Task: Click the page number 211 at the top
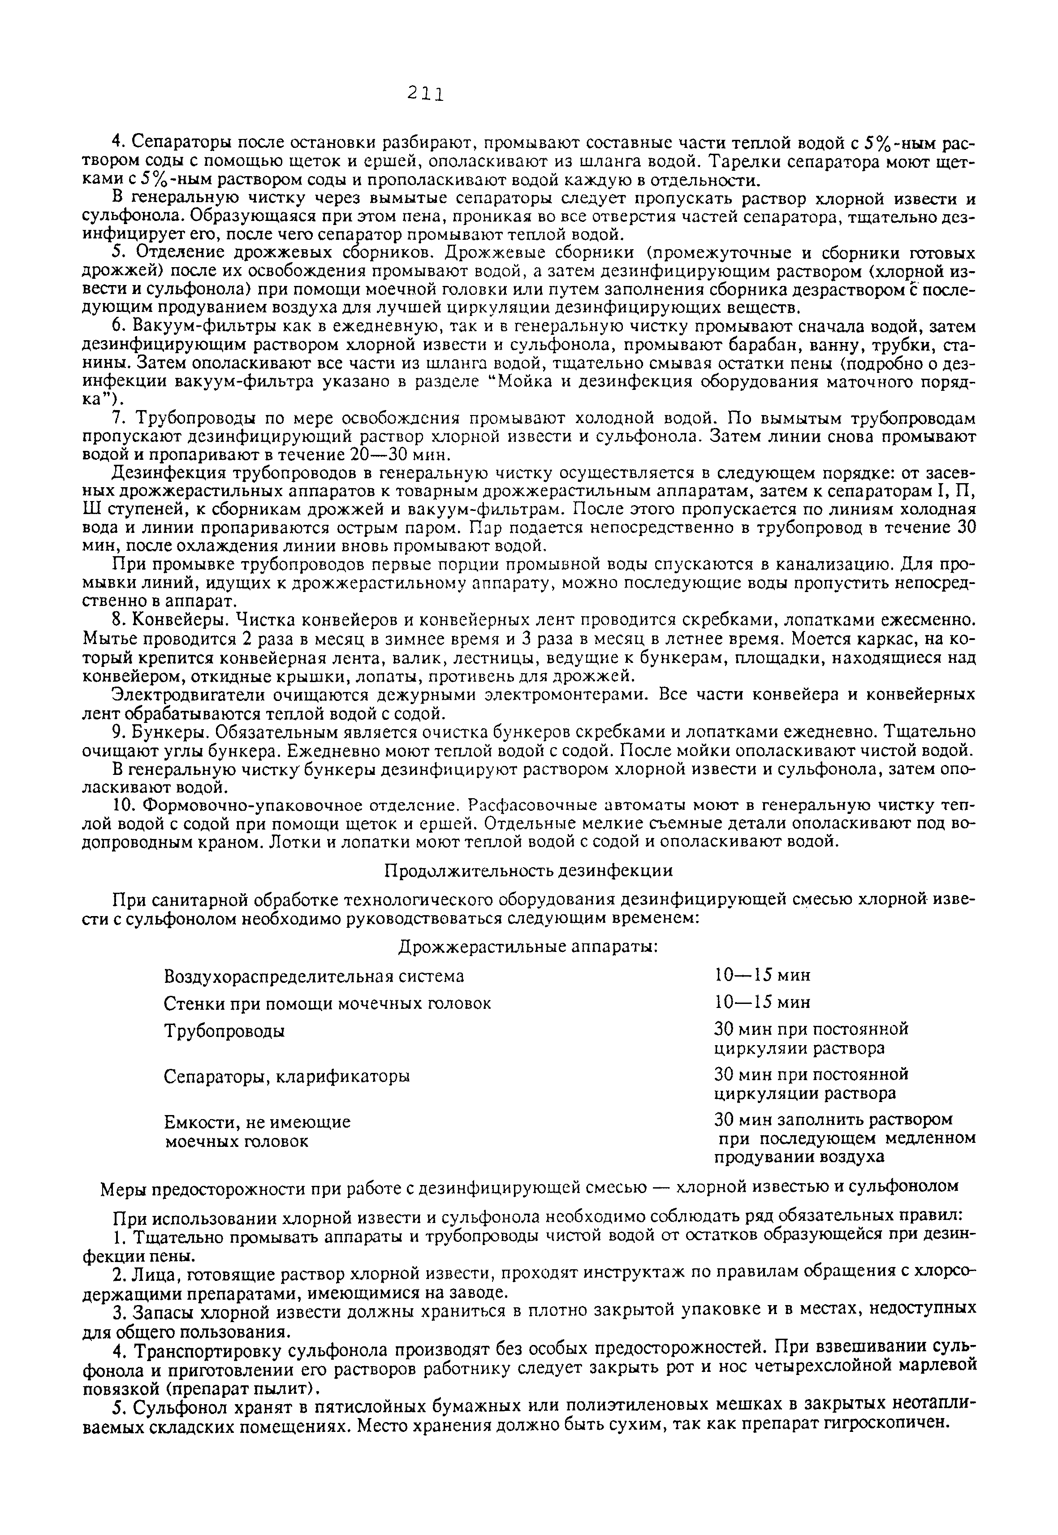pos(425,94)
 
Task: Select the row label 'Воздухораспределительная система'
pos(314,976)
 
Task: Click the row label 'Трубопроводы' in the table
pos(224,1032)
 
